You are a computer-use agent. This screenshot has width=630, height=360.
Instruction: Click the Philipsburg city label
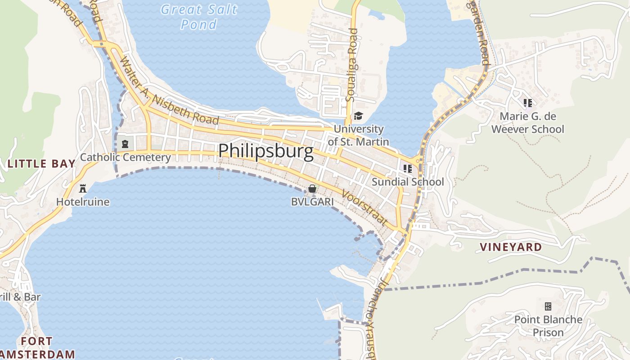(265, 151)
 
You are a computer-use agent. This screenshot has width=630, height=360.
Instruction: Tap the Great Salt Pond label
(198, 16)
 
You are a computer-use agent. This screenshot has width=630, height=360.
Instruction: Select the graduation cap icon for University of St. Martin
(358, 116)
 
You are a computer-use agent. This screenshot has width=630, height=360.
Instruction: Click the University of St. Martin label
(358, 135)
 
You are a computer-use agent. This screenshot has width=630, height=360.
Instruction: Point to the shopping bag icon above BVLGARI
(312, 189)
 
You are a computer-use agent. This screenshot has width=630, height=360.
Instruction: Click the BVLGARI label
(312, 202)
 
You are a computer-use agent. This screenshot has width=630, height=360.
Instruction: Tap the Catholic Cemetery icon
(125, 144)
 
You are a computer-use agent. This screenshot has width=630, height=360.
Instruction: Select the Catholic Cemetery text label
(125, 157)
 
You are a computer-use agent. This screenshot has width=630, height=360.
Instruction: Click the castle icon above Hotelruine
(83, 188)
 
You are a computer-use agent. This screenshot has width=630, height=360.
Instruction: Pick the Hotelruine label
(83, 202)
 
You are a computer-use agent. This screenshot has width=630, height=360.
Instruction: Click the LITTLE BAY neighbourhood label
(41, 164)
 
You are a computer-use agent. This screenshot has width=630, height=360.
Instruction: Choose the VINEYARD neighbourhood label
(511, 247)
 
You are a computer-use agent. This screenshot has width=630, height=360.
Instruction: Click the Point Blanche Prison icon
(548, 306)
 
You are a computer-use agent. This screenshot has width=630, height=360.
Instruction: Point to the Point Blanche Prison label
(548, 326)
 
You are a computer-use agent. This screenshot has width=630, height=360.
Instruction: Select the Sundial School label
(408, 182)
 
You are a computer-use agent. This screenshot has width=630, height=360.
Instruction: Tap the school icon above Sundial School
(408, 169)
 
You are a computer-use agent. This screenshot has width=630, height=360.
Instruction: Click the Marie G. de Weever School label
(528, 123)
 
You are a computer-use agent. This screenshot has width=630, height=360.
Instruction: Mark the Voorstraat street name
(365, 207)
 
